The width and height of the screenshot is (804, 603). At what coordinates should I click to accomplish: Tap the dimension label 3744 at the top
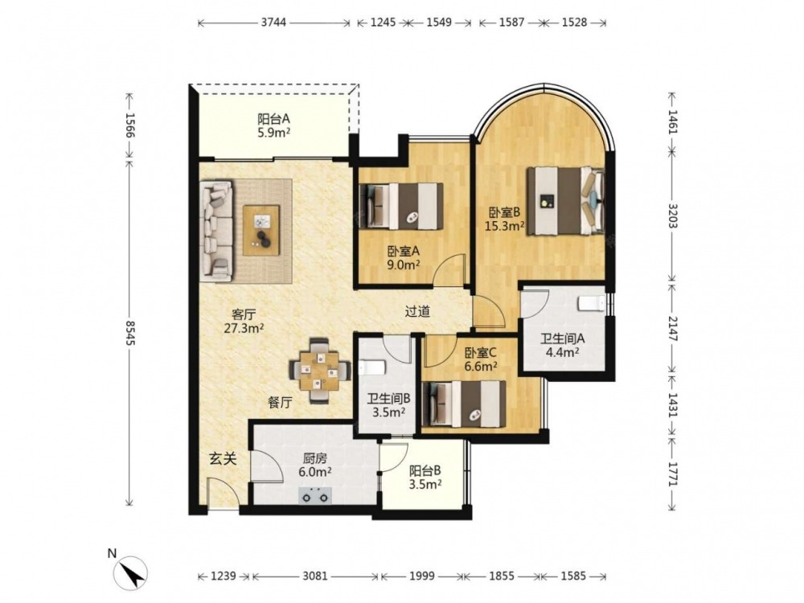coord(273,23)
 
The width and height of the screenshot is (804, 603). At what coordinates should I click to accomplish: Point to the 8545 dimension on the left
coord(129,333)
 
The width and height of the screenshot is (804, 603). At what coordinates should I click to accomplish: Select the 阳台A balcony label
coord(274,119)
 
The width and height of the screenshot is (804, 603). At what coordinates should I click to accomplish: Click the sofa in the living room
coord(217,230)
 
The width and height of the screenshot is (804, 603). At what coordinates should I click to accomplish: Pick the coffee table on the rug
coord(261,230)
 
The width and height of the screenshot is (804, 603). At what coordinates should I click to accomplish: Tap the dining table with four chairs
coord(320,371)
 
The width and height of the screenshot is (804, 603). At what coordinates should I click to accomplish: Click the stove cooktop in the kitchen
coord(315,495)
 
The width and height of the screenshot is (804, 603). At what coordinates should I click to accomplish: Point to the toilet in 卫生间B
coord(373,367)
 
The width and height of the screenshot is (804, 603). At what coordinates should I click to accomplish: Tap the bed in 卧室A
coord(401,206)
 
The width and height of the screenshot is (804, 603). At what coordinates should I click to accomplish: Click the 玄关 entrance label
coord(223,458)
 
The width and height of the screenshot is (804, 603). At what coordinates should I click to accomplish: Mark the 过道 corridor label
coord(417,311)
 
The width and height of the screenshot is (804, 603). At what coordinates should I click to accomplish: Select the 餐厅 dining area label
coord(280,403)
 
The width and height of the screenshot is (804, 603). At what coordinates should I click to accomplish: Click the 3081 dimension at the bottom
coord(315,576)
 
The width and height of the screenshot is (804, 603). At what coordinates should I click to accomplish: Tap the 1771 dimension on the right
coord(673,474)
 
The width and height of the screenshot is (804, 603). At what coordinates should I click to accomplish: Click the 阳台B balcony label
coord(425,470)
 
